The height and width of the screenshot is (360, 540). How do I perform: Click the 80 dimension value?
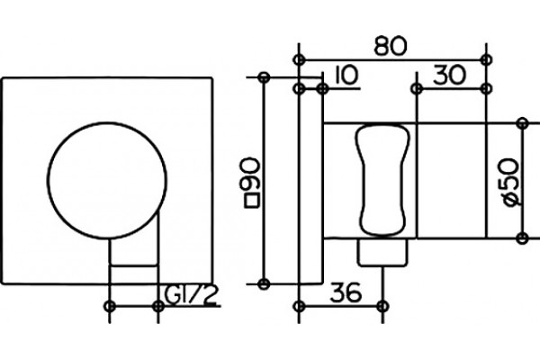(x=391, y=46)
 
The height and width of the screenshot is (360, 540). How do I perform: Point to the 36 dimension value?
(x=346, y=292)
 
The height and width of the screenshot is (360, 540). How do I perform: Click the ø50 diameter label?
(x=509, y=182)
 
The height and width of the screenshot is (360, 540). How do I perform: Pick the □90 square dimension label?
(x=252, y=183)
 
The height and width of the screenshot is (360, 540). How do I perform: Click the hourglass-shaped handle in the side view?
(x=382, y=180)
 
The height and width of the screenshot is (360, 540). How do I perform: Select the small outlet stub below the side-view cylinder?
(x=382, y=252)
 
